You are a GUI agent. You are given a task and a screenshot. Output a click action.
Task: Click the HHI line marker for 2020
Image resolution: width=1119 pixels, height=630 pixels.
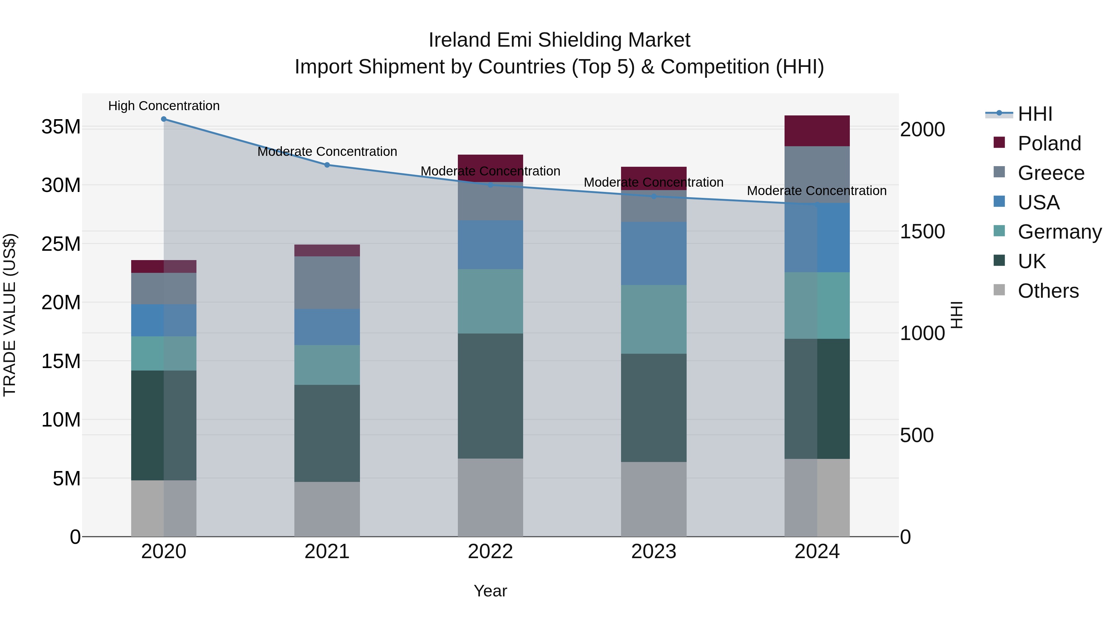(x=164, y=119)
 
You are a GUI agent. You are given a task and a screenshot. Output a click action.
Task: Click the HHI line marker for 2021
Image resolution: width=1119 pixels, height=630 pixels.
(x=327, y=165)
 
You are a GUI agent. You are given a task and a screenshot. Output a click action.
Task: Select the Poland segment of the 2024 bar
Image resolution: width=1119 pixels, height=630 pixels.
(x=817, y=131)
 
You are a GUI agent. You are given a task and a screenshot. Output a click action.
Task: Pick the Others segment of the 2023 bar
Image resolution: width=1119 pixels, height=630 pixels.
(x=653, y=499)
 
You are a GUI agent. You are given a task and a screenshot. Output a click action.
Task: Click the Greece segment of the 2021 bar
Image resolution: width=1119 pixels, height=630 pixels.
(x=327, y=282)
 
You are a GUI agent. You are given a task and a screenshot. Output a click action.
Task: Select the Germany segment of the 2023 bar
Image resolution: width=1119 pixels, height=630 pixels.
(x=653, y=319)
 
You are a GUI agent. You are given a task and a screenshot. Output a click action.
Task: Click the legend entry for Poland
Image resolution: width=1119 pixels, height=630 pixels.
(x=1049, y=143)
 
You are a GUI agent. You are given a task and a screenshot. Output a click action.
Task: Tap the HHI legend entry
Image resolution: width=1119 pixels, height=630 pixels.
(x=1035, y=114)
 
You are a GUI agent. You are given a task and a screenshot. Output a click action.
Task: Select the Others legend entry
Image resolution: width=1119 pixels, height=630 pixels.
(x=1048, y=291)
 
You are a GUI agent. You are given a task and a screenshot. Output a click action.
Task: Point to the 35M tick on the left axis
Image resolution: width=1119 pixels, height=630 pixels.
(x=61, y=127)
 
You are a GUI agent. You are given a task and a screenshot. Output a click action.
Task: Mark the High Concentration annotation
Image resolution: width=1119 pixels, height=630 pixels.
(x=164, y=106)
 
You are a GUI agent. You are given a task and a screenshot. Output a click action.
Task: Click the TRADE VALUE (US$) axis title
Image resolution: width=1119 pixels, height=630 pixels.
(x=10, y=315)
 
